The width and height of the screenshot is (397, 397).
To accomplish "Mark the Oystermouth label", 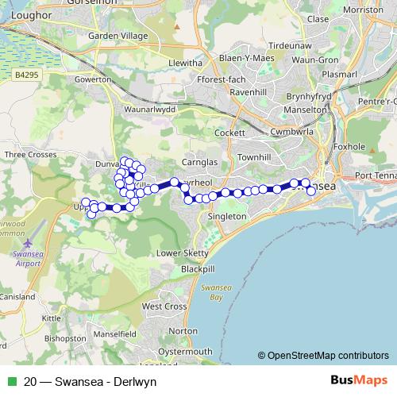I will [x=186, y=351].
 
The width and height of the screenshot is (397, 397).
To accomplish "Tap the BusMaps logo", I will [x=357, y=381].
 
